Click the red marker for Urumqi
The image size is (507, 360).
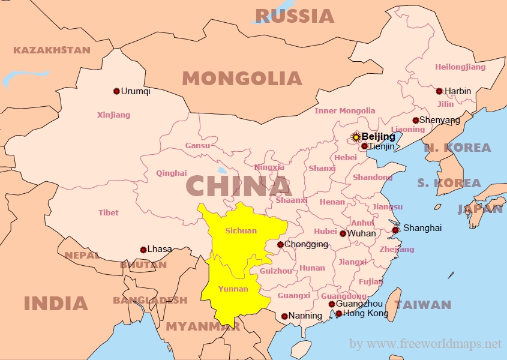116,91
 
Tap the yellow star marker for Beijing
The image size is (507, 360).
356,137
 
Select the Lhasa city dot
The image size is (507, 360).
143,250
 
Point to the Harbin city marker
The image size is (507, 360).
439,91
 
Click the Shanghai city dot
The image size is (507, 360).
395,230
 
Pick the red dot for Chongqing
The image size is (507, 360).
280,244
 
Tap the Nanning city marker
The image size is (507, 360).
284,316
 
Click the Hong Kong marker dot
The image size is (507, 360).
338,314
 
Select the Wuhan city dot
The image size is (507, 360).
343,234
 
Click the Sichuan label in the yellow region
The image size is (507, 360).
241,231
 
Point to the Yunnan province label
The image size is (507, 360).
233,289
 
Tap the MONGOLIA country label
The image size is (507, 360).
242,79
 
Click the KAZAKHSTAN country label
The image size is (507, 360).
52,50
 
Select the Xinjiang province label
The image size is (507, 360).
113,115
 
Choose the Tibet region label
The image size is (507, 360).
109,212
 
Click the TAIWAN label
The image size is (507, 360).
422,305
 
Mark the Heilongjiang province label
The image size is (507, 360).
460,67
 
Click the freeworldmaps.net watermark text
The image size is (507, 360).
425,344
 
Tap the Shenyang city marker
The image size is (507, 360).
415,120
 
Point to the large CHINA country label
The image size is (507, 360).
238,186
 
